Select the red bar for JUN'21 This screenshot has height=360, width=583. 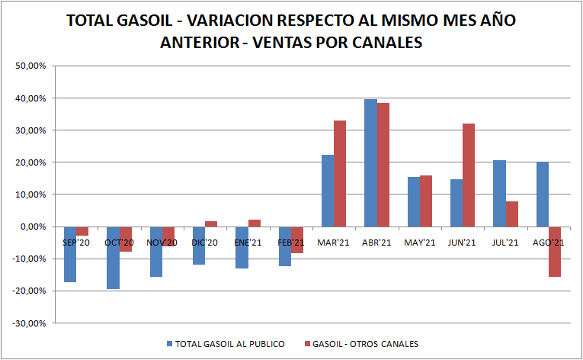[469, 175]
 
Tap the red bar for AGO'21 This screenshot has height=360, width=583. [555, 252]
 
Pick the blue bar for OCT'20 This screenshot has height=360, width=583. [113, 258]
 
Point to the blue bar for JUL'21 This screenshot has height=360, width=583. [499, 193]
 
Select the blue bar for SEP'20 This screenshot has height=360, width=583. [70, 254]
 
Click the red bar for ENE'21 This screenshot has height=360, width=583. [255, 223]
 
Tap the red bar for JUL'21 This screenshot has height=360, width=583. [512, 214]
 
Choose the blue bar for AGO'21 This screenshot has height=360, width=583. [542, 194]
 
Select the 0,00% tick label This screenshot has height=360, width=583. [33, 227]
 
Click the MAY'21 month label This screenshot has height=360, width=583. [420, 242]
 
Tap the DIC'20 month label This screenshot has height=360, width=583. [205, 242]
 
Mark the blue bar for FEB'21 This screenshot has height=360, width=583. [285, 246]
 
